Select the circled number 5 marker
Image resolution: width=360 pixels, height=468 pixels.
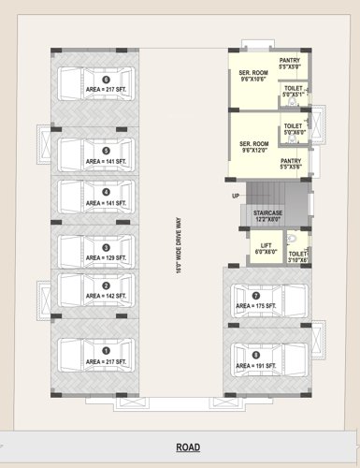click(x=106, y=150)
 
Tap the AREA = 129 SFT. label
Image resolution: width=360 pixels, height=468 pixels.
click(x=106, y=257)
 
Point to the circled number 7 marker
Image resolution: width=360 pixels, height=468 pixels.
click(x=256, y=296)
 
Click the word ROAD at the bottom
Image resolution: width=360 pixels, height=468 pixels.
click(x=188, y=447)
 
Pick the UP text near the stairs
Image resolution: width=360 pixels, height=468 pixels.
click(x=237, y=197)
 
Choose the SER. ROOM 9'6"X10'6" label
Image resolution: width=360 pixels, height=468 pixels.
click(x=253, y=77)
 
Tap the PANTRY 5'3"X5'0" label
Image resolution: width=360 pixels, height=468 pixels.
click(x=290, y=63)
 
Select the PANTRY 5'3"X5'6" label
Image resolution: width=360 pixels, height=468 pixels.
click(x=290, y=164)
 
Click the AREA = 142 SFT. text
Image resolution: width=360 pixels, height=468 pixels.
click(x=106, y=296)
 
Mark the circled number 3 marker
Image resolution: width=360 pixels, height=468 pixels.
click(x=106, y=247)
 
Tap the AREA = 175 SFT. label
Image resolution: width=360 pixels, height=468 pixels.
click(x=256, y=306)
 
